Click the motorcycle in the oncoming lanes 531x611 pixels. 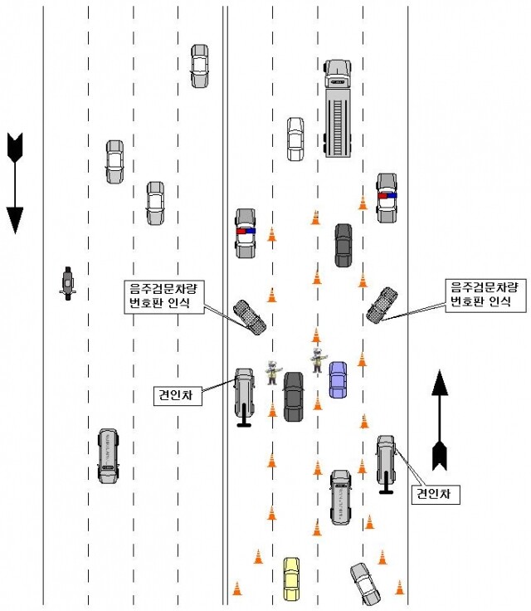pyautogui.click(x=68, y=282)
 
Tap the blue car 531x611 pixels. pyautogui.click(x=338, y=379)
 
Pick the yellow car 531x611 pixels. pyautogui.click(x=291, y=579)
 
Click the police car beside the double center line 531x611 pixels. pyautogui.click(x=246, y=232)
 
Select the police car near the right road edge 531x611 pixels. pyautogui.click(x=387, y=198)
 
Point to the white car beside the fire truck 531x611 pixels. pyautogui.click(x=295, y=139)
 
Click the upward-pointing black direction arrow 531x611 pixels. pyautogui.click(x=440, y=419)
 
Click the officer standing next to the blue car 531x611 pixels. pyautogui.click(x=317, y=361)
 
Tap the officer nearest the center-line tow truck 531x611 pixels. pyautogui.click(x=272, y=372)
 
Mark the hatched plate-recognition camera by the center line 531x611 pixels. pyautogui.click(x=251, y=315)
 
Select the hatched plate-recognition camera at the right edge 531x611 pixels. pyautogui.click(x=382, y=304)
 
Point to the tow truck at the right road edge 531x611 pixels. pyautogui.click(x=387, y=461)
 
